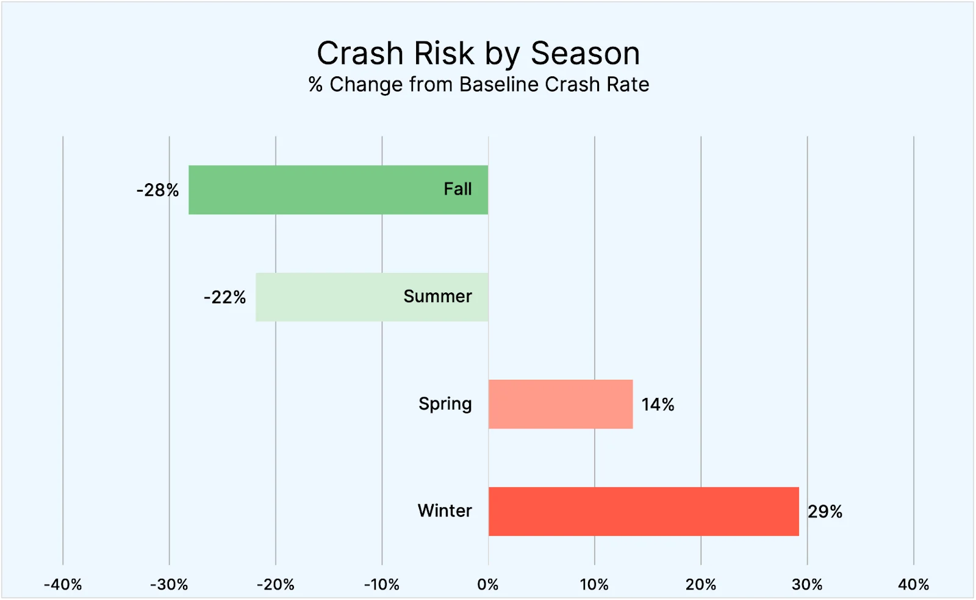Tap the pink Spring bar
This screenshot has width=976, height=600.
click(561, 404)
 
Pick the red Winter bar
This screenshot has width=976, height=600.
click(644, 511)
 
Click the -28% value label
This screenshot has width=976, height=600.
click(157, 190)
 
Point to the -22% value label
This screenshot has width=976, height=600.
click(224, 298)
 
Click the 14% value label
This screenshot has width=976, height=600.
click(658, 405)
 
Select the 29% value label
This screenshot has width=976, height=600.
click(825, 511)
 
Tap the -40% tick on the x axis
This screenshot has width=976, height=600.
click(63, 585)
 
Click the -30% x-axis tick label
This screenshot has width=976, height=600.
click(169, 585)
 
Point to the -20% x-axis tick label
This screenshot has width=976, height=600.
click(276, 585)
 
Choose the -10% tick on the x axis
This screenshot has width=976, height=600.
click(382, 585)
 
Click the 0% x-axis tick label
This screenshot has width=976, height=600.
click(488, 585)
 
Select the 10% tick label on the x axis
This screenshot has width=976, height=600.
click(594, 585)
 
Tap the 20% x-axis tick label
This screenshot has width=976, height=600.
click(701, 585)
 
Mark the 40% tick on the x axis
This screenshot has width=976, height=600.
click(913, 585)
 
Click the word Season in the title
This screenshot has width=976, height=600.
click(585, 54)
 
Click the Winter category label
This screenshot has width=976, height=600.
click(445, 511)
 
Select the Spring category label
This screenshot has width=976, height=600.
click(445, 404)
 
